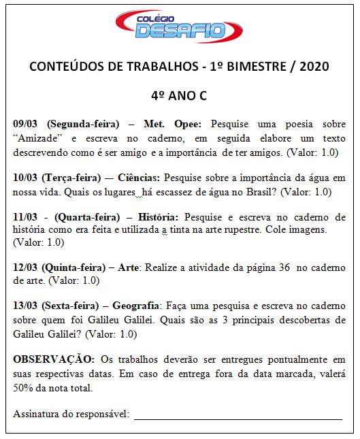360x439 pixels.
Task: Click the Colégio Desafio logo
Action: [180, 28]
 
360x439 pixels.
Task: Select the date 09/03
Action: [27, 125]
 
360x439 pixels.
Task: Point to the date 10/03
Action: [27, 178]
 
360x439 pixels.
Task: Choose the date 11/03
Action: [27, 217]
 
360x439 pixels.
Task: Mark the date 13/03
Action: [27, 306]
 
